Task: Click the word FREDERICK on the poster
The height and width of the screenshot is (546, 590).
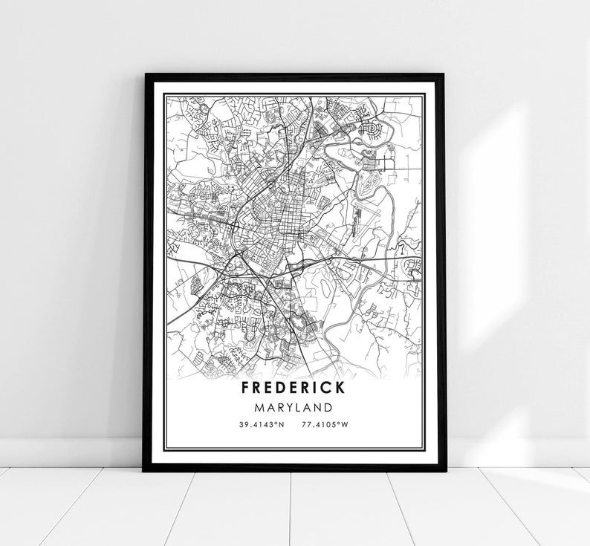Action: coord(292,389)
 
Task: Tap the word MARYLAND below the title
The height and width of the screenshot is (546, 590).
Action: coord(292,408)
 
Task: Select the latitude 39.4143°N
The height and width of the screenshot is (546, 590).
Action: coord(261,425)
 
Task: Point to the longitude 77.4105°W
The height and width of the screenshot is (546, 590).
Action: coord(325,425)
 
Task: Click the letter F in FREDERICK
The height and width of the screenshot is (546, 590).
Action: coord(246,389)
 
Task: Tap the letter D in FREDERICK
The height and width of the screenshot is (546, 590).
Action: coord(281,389)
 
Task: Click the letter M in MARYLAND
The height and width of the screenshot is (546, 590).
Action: coord(258,408)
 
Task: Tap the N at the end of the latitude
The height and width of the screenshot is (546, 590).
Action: coord(281,425)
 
